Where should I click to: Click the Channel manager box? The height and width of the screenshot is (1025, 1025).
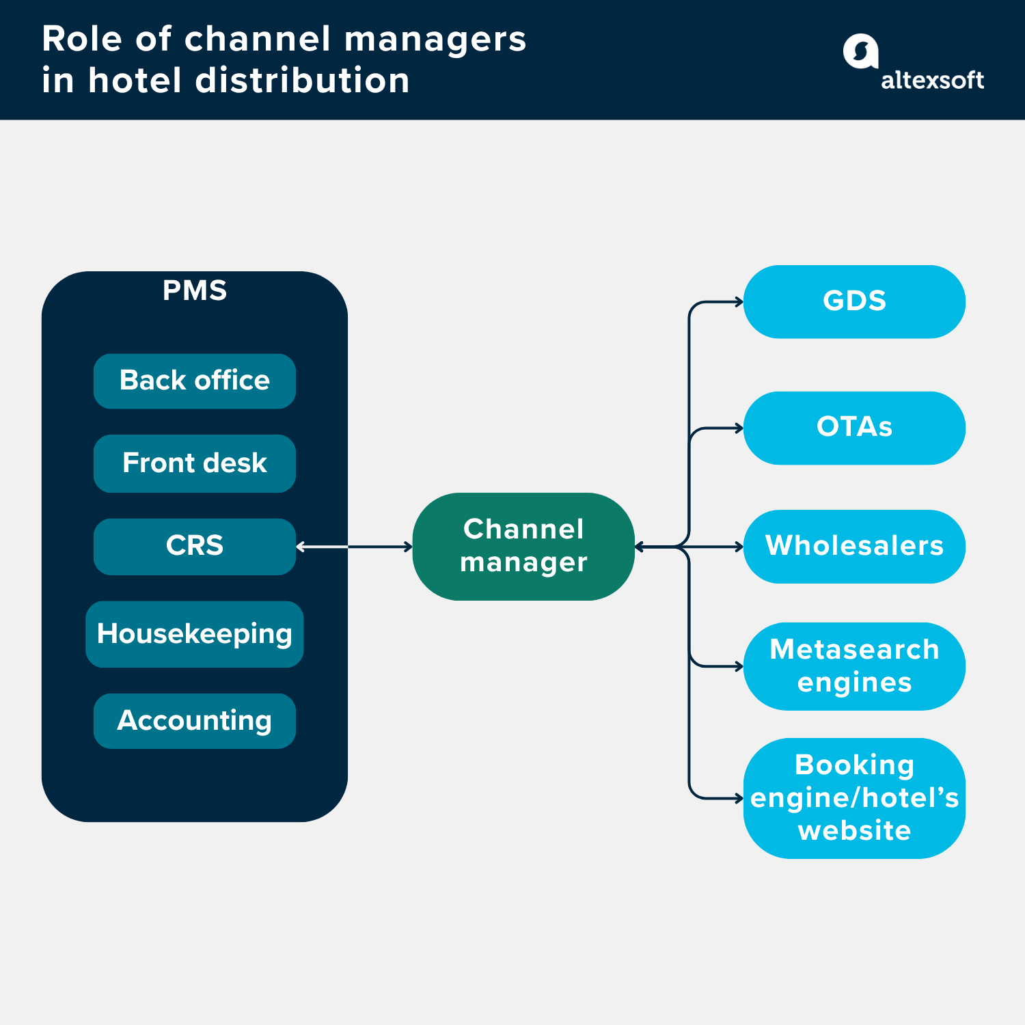click(523, 546)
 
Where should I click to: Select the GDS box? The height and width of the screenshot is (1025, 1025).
click(853, 301)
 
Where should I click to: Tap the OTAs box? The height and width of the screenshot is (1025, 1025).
click(853, 428)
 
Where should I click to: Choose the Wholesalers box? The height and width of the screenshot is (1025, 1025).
click(853, 546)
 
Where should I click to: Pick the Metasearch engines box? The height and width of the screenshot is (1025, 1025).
click(853, 666)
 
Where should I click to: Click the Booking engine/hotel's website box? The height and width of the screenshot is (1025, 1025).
click(853, 797)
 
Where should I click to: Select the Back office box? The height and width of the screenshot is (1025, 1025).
click(194, 381)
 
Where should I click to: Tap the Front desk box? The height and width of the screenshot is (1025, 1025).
click(194, 463)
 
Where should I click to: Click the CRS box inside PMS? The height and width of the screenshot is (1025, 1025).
click(194, 546)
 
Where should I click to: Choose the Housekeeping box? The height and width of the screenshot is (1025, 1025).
click(194, 634)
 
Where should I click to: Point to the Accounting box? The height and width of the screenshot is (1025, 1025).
click(194, 721)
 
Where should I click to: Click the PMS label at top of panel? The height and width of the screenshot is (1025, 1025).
click(194, 290)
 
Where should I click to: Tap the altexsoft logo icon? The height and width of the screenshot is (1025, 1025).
click(860, 51)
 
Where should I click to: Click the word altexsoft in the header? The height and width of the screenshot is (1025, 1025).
click(932, 81)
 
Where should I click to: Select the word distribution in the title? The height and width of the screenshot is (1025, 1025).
click(302, 81)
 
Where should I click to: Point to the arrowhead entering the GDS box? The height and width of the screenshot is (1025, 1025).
click(739, 301)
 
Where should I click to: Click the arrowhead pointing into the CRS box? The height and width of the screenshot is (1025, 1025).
click(300, 547)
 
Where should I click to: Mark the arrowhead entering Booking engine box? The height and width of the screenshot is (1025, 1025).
click(739, 798)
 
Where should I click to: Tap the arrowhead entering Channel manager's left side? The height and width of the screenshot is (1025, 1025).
click(409, 547)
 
